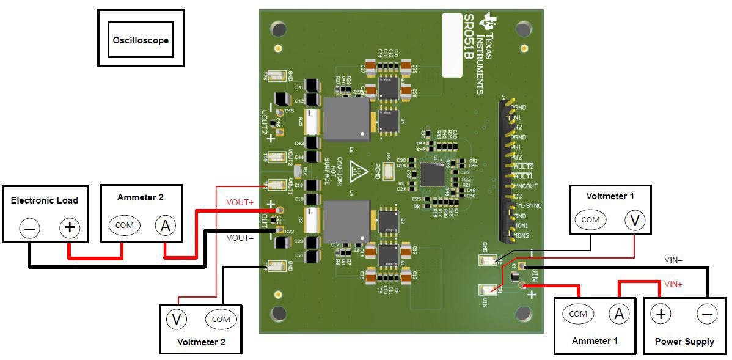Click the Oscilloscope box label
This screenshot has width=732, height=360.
(x=141, y=40)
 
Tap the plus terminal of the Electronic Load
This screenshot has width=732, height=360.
(x=70, y=228)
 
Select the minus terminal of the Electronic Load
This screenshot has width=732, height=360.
(x=29, y=229)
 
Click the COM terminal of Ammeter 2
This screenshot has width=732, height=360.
(x=124, y=225)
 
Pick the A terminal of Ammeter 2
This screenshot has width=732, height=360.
(x=164, y=226)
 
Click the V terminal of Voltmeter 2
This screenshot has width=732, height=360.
(x=177, y=318)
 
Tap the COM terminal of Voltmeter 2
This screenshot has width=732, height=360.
(x=221, y=319)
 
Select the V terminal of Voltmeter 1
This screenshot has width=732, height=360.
(x=635, y=220)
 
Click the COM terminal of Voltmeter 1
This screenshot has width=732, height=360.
(x=590, y=219)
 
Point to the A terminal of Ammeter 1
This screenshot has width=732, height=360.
(x=618, y=314)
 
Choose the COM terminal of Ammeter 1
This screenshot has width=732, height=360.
(x=577, y=314)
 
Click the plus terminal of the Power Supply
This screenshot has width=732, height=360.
(x=660, y=314)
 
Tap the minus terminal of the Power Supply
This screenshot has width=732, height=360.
(x=707, y=314)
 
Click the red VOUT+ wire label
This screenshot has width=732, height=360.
(x=240, y=202)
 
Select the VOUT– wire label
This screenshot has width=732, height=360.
(x=240, y=238)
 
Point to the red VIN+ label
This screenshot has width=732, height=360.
(x=674, y=284)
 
